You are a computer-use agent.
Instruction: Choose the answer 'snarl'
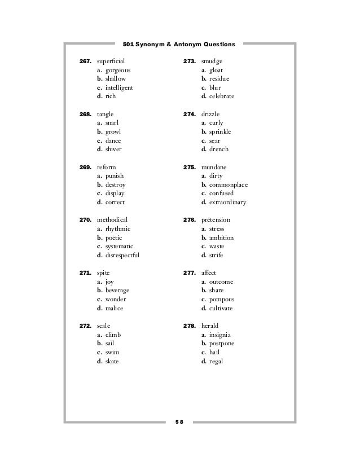coord(110,122)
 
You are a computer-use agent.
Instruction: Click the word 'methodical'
coord(112,219)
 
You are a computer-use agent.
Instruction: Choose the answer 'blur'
coord(214,88)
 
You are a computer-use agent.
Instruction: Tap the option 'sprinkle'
coord(220,131)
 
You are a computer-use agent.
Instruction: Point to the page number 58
coord(180,421)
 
